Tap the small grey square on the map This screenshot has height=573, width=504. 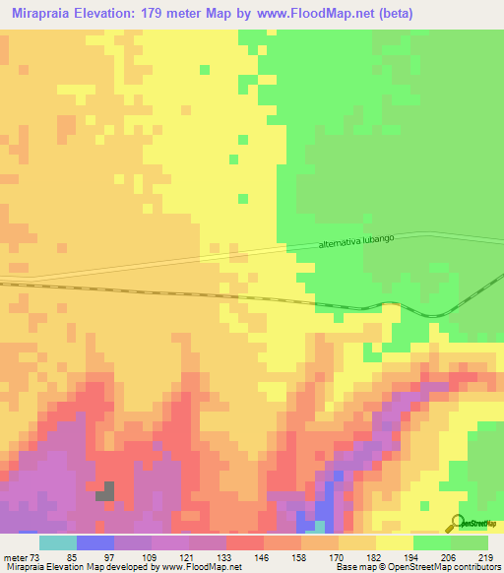click(104, 490)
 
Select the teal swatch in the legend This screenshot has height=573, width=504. click(57, 541)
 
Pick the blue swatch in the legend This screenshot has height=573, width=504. click(94, 541)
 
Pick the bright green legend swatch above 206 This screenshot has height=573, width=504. click(432, 541)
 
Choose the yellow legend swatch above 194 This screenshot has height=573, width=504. click(395, 541)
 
